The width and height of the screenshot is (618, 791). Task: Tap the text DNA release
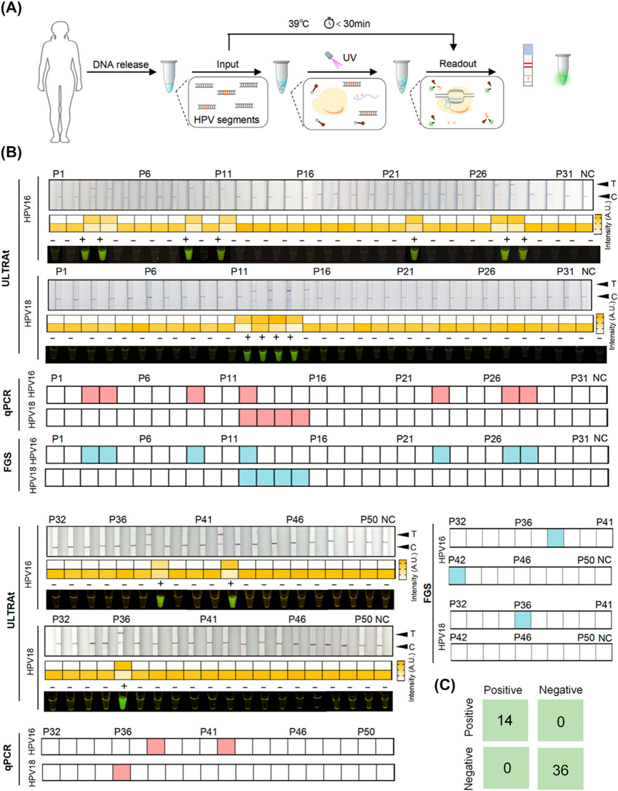(x=118, y=67)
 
